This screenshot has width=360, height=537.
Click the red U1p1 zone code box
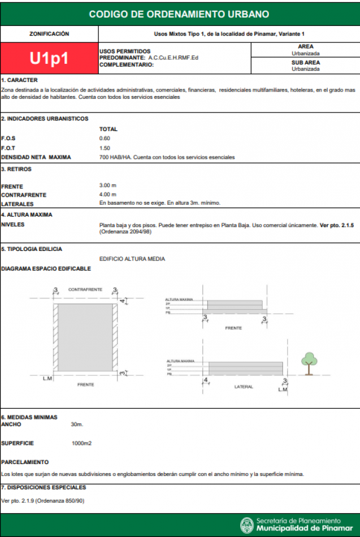pyautogui.click(x=49, y=58)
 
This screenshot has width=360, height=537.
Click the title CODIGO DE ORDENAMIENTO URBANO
pyautogui.click(x=179, y=14)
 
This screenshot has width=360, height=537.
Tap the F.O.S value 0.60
pyautogui.click(x=105, y=138)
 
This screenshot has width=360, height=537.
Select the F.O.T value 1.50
pyautogui.click(x=105, y=148)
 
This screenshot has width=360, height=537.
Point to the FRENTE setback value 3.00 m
pyautogui.click(x=107, y=185)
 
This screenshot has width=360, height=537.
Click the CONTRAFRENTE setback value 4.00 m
pyautogui.click(x=107, y=194)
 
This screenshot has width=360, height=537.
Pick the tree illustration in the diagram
pyautogui.click(x=308, y=362)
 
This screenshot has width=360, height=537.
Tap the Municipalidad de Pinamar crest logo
pyautogui.click(x=246, y=525)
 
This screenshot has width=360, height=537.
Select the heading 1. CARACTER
pyautogui.click(x=19, y=80)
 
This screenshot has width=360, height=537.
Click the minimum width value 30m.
pyautogui.click(x=77, y=424)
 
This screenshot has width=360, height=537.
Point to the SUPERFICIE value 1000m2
pyautogui.click(x=82, y=443)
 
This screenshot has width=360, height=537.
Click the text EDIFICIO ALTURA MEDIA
pyautogui.click(x=132, y=258)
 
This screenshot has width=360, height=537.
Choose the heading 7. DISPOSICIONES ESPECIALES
pyautogui.click(x=44, y=487)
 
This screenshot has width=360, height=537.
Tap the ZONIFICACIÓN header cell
pyautogui.click(x=49, y=34)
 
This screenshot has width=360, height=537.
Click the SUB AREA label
pyautogui.click(x=305, y=63)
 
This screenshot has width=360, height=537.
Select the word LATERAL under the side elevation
pyautogui.click(x=244, y=387)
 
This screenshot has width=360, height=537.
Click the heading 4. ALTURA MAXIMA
pyautogui.click(x=27, y=215)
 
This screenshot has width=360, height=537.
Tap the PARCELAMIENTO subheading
pyautogui.click(x=25, y=462)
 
